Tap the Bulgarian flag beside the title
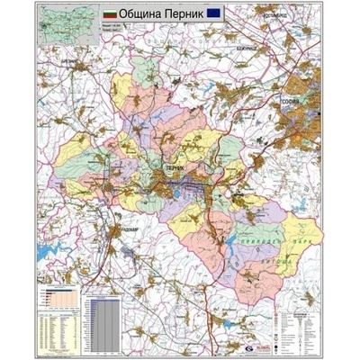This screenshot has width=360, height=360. pos(112,16)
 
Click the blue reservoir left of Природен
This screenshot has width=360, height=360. pos(240,236)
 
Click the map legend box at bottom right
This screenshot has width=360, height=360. pos(300,325)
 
